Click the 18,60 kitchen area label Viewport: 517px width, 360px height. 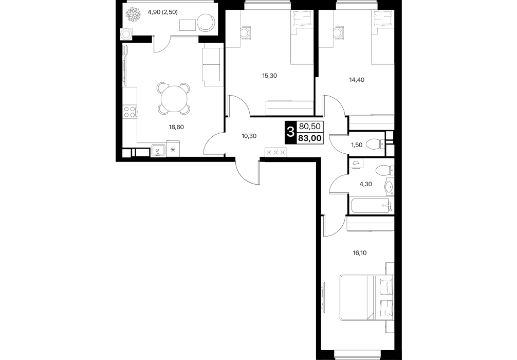click(176, 127)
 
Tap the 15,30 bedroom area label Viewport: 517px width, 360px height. click(269, 76)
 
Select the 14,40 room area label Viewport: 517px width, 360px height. click(357, 80)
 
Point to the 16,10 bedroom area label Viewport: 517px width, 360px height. click(359, 253)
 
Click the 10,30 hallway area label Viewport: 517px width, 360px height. click(249, 136)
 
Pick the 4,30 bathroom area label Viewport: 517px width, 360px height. click(366, 184)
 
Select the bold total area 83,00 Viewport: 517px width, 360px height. click(309, 138)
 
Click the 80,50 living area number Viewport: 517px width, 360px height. click(309, 126)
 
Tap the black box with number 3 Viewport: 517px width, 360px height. click(290, 133)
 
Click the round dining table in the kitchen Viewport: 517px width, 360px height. click(174, 98)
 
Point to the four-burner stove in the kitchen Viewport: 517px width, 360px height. click(130, 112)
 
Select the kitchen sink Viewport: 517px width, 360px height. click(159, 151)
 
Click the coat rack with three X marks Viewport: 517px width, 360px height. click(276, 152)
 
